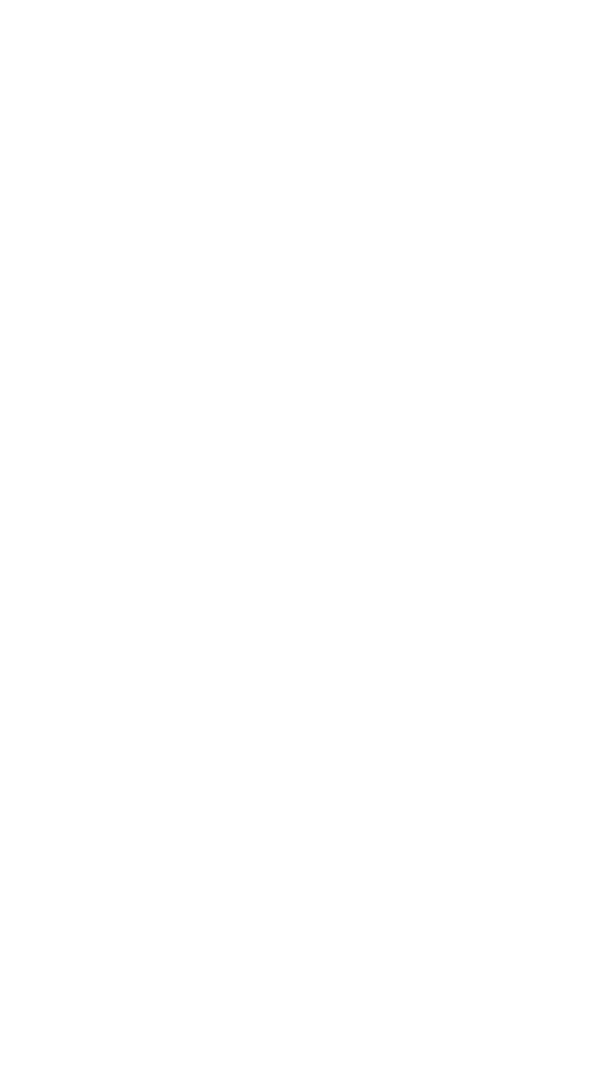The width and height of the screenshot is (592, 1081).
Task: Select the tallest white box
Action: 388,403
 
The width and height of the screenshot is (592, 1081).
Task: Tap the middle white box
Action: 388,558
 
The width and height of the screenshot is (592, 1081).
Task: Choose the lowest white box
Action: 388,694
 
